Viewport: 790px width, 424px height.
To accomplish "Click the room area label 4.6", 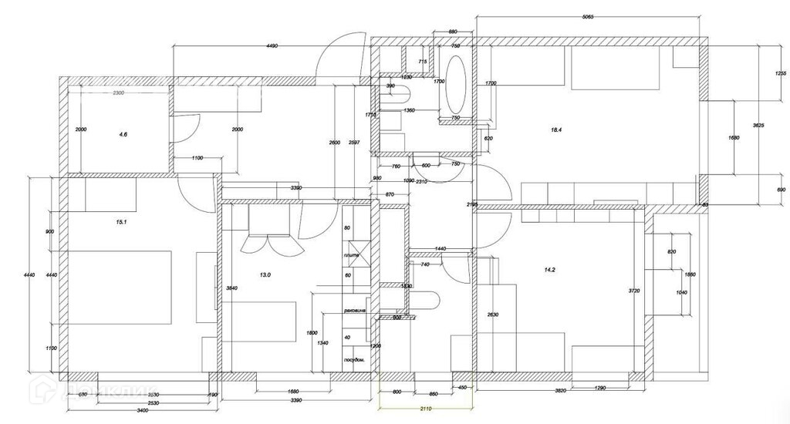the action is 123,134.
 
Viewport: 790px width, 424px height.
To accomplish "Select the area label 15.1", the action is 120,222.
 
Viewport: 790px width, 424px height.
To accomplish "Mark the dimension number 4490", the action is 271,46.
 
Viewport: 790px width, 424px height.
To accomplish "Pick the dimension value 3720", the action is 634,291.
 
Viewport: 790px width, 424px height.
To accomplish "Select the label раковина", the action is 354,312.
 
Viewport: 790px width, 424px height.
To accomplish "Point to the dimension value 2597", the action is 353,144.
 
